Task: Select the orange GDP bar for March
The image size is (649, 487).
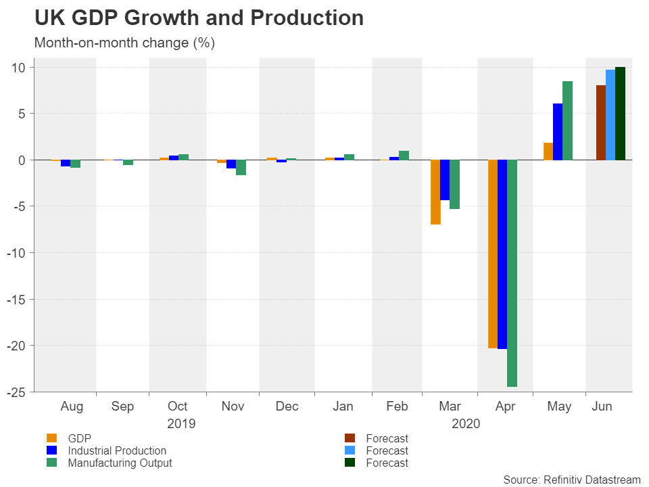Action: pos(435,192)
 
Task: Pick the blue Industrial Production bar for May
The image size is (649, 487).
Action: pos(558,132)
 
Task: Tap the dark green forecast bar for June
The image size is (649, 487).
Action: pos(620,114)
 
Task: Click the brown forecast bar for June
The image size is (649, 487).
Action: pos(600,122)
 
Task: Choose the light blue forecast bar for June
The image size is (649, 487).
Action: pos(610,115)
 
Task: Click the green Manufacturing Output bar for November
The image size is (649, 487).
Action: pos(241,168)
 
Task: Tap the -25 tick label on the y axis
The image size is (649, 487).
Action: pos(17,392)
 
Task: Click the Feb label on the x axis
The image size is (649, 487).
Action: pos(397,407)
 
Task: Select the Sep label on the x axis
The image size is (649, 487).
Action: pos(122,407)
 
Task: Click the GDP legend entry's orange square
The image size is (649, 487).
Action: pos(51,438)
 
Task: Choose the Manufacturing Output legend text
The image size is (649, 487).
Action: pos(120,463)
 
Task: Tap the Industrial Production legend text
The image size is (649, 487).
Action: pos(117,450)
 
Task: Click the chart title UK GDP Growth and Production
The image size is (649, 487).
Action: pos(199,18)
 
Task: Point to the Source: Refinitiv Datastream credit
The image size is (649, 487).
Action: pos(572,480)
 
